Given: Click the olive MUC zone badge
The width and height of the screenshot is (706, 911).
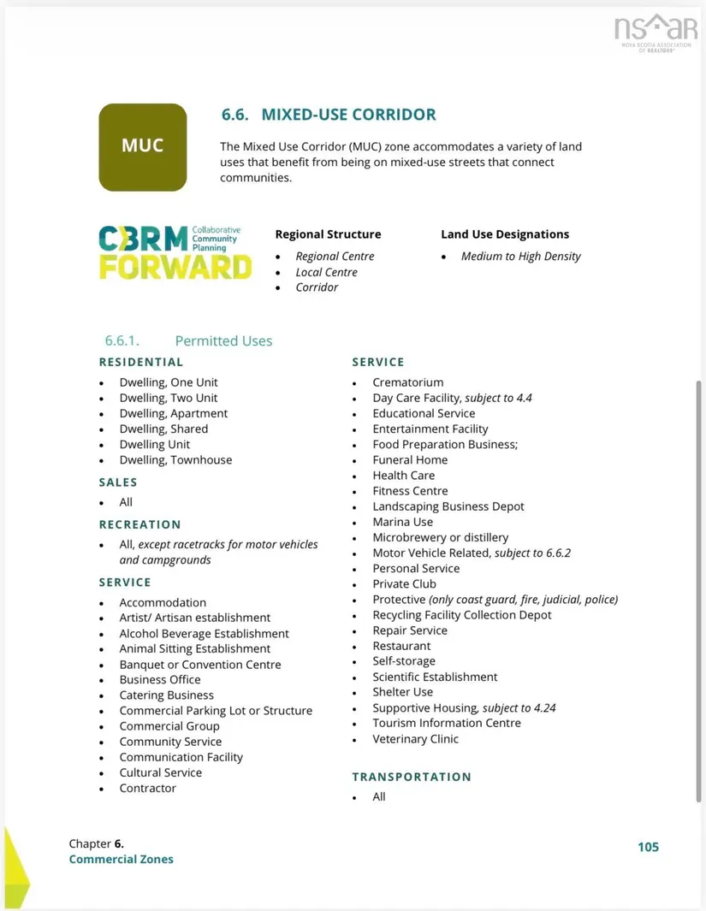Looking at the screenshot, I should (x=142, y=146).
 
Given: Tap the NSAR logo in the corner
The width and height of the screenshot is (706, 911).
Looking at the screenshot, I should (x=656, y=33).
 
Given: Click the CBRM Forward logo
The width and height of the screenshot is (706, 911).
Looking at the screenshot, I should (x=175, y=252).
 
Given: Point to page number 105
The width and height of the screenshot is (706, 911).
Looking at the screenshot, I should (x=648, y=847).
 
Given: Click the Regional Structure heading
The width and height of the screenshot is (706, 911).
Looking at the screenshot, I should (x=328, y=234).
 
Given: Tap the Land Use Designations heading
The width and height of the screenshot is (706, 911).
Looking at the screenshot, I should (x=505, y=234).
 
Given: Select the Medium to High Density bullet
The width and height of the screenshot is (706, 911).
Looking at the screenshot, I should (x=520, y=257).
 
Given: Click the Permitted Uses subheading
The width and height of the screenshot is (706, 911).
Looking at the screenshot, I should (x=223, y=340).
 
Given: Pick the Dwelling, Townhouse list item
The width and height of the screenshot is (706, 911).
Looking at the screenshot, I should (x=175, y=460).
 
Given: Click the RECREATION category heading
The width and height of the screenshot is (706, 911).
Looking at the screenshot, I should (x=139, y=524).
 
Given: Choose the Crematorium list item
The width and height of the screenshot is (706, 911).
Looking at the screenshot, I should (x=407, y=382).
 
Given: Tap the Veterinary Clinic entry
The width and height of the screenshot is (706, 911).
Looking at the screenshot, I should (x=415, y=739).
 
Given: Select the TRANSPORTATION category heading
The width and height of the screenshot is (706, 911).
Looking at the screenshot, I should (x=412, y=777).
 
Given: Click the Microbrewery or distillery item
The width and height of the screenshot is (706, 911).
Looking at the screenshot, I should (x=440, y=537).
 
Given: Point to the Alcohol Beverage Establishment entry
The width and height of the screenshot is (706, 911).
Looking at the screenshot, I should (x=204, y=634).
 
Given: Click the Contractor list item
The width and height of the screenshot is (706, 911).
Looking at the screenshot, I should (x=147, y=789).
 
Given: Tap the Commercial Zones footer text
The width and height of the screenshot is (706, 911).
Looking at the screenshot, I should (x=121, y=859).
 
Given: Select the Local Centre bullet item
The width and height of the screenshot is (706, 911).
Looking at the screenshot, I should (x=326, y=272).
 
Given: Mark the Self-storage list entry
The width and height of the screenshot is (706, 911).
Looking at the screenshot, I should (x=403, y=661).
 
